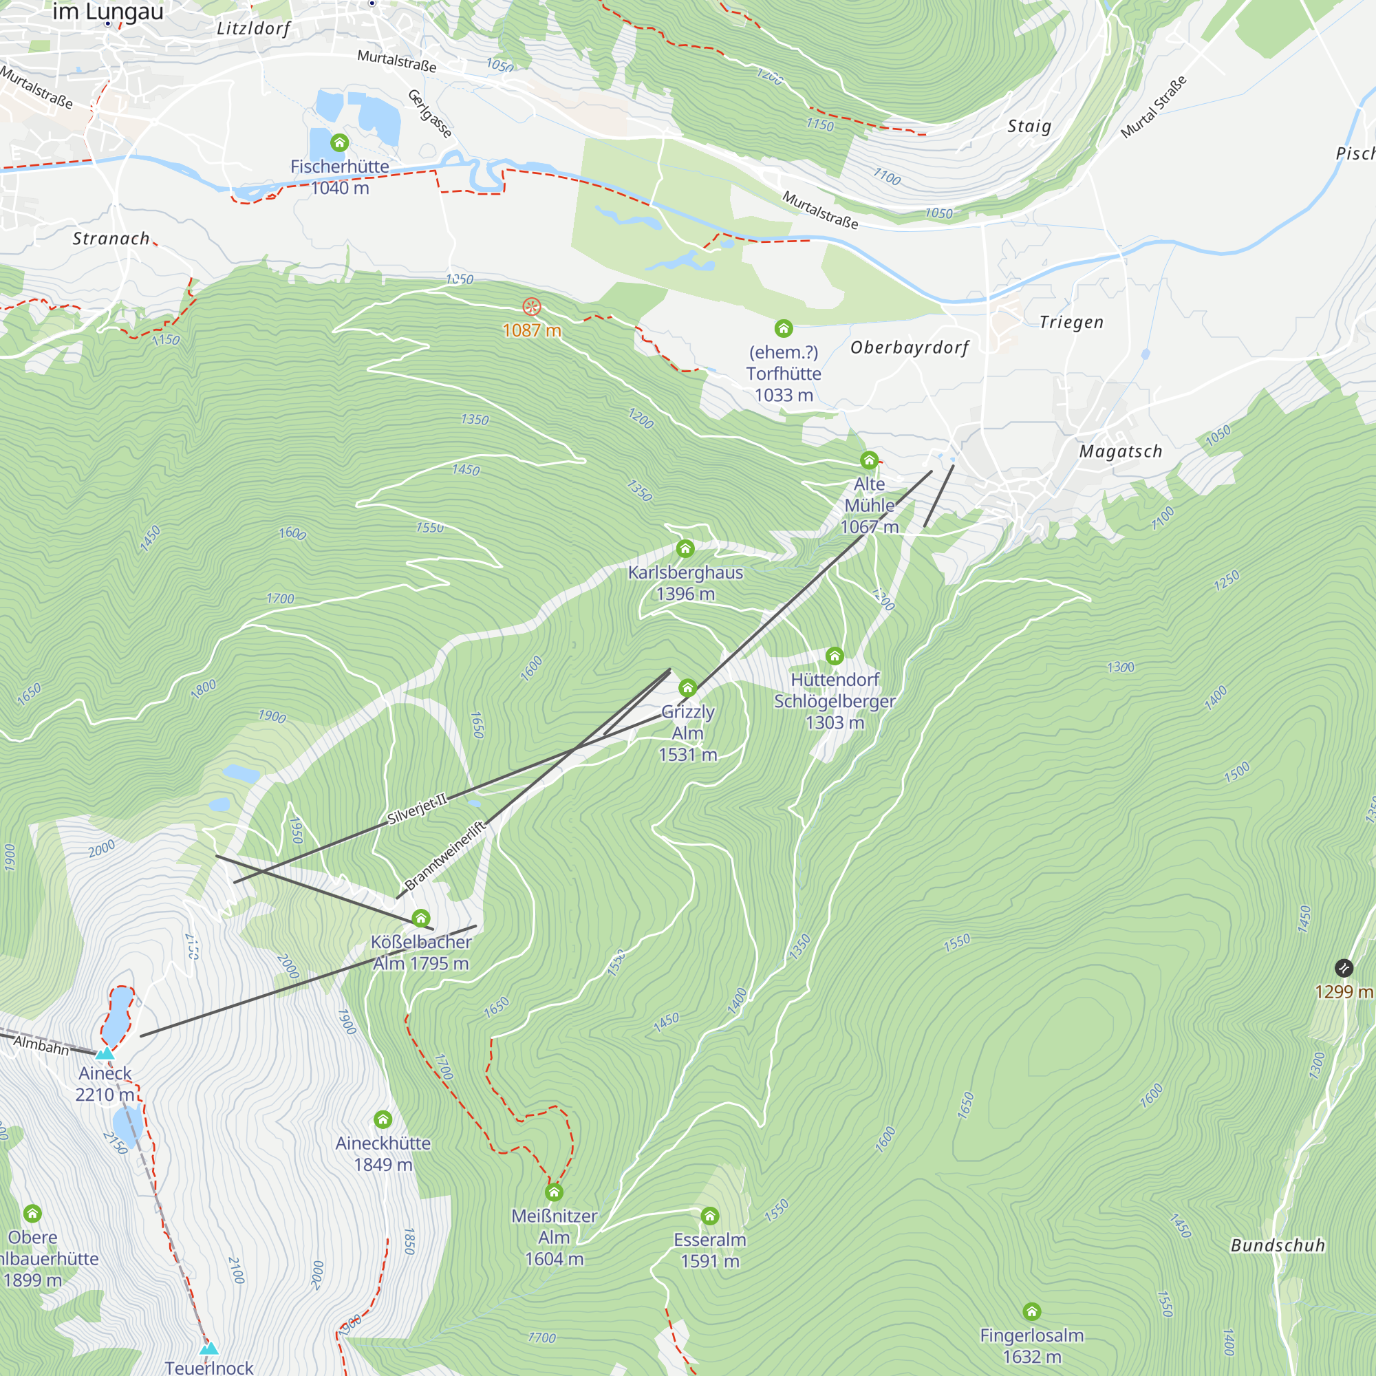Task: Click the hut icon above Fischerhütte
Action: coord(340,143)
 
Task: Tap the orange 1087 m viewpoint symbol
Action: coord(532,307)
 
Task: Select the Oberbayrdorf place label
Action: coord(910,347)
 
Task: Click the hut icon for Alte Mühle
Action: coord(869,460)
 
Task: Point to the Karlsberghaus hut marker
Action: coord(685,548)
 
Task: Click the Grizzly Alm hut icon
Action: coord(687,688)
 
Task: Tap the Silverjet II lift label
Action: coord(418,808)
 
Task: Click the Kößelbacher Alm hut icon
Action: coord(421,918)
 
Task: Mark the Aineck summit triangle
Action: coord(105,1053)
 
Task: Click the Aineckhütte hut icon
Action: coord(383,1119)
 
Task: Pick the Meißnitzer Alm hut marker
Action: coord(554,1192)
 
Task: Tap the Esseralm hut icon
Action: coord(710,1216)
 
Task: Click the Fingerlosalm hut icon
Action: coord(1032,1312)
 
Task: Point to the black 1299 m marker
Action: coord(1343,968)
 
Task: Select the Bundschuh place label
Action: coord(1278,1246)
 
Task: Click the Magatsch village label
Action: coord(1120,451)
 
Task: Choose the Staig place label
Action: coord(1029,127)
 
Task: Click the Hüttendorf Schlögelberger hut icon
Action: coord(835,656)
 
